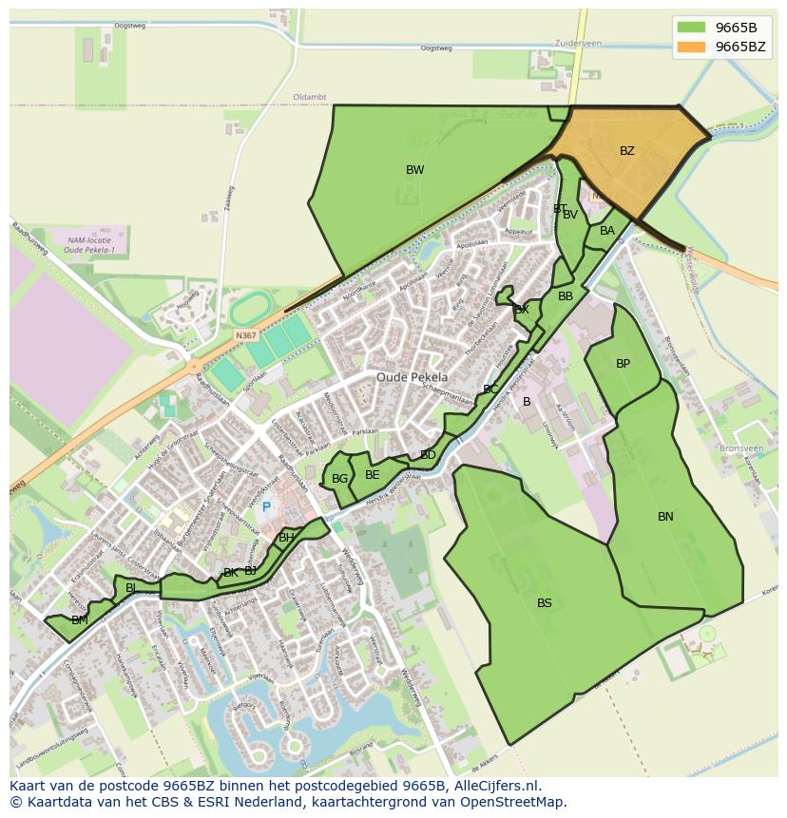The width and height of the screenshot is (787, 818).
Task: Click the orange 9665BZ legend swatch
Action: (x=692, y=47)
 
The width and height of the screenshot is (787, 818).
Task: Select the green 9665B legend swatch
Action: (x=692, y=27)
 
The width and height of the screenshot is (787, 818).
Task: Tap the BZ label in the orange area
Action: (x=626, y=151)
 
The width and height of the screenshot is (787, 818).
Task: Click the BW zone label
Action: (x=414, y=170)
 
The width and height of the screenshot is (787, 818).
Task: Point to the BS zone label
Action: (x=544, y=603)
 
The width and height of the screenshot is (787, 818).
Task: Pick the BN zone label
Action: (x=665, y=517)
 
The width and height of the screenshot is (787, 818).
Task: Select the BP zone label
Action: (x=623, y=364)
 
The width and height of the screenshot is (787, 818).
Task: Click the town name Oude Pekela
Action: (x=412, y=377)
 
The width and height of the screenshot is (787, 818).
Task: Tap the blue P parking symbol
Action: (x=266, y=508)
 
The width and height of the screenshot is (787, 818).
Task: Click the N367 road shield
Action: (x=245, y=335)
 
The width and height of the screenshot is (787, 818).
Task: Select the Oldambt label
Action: (x=310, y=97)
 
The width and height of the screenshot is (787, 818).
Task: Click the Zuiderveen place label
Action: (x=579, y=44)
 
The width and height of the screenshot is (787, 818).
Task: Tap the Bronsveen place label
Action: (x=741, y=447)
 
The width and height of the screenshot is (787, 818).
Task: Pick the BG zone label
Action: (x=339, y=479)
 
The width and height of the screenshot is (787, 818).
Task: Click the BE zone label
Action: (x=372, y=475)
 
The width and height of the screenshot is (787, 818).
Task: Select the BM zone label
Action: (x=79, y=620)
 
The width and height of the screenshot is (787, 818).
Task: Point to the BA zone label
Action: (x=607, y=231)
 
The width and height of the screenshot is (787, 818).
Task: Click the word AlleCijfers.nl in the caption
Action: (x=494, y=786)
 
